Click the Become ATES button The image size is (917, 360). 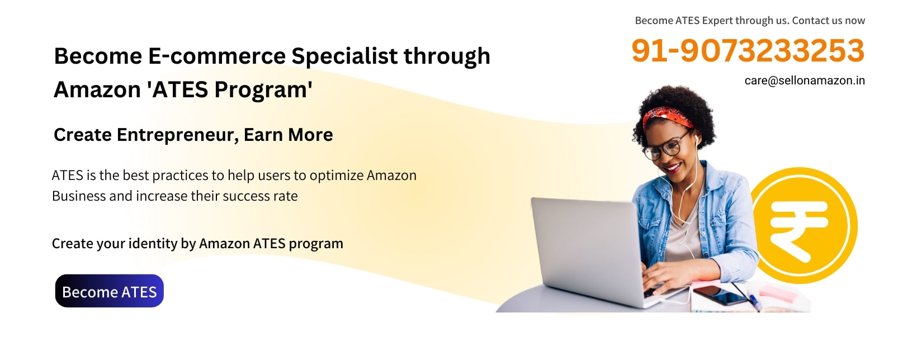click(109, 291)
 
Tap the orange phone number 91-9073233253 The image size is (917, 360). click(748, 51)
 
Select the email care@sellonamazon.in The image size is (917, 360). click(805, 80)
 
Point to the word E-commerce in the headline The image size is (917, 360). click(216, 56)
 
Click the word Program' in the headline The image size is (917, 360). click(263, 89)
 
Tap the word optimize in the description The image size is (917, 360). click(337, 176)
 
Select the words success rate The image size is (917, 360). click(260, 196)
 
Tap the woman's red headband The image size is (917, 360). click(667, 117)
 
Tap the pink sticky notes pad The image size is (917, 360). click(778, 293)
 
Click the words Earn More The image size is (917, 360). click(288, 135)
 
